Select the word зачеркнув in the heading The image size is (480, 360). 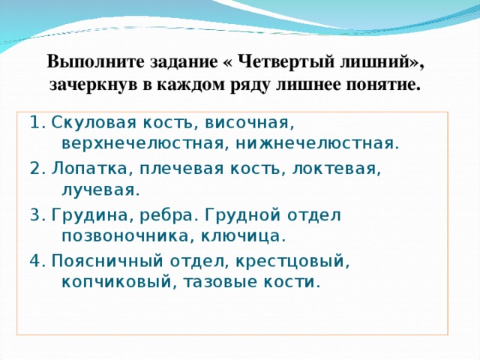[91, 83]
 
